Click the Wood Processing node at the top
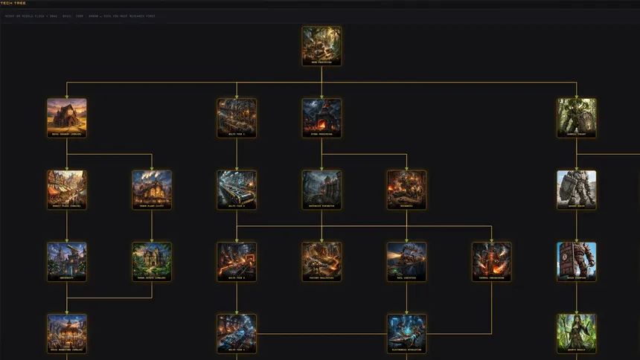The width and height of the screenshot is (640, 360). pyautogui.click(x=321, y=45)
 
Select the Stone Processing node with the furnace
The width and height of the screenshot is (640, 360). pyautogui.click(x=321, y=117)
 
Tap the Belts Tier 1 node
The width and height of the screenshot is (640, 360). pyautogui.click(x=237, y=117)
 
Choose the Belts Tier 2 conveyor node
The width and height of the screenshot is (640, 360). pyautogui.click(x=237, y=189)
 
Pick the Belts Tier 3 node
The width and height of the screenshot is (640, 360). pyautogui.click(x=237, y=260)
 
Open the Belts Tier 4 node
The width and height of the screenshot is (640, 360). pyautogui.click(x=237, y=332)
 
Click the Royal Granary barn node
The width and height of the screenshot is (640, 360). pyautogui.click(x=67, y=117)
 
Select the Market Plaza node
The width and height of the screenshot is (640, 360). pyautogui.click(x=67, y=189)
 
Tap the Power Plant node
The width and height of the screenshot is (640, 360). pyautogui.click(x=152, y=189)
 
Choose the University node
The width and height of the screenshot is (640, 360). pyautogui.click(x=67, y=260)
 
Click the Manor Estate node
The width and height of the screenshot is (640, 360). pyautogui.click(x=152, y=260)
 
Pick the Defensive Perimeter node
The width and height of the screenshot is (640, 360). pyautogui.click(x=321, y=189)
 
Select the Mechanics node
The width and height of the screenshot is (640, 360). pyautogui.click(x=406, y=189)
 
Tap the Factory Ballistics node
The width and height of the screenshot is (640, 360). pyautogui.click(x=321, y=260)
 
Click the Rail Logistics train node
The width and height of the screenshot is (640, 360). pyautogui.click(x=406, y=260)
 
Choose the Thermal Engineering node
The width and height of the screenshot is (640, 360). pyautogui.click(x=491, y=260)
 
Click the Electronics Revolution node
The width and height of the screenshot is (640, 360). pyautogui.click(x=406, y=332)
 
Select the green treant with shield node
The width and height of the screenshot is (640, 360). pyautogui.click(x=577, y=117)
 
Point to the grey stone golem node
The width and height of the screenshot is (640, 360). pyautogui.click(x=577, y=189)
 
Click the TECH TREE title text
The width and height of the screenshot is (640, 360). pyautogui.click(x=13, y=3)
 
